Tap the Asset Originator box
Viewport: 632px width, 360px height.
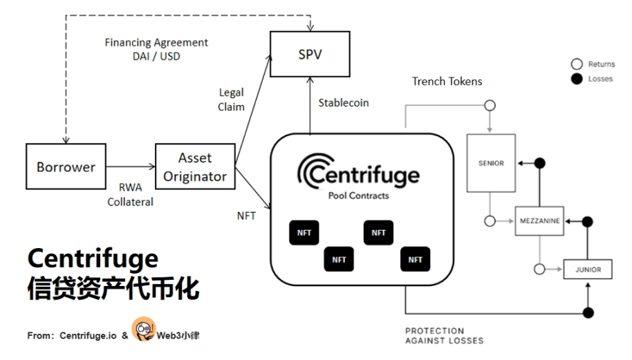pos(195,167)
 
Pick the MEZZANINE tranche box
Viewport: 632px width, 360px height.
pos(539,221)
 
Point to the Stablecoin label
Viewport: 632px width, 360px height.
pos(343,103)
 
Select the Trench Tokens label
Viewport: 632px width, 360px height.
pos(447,82)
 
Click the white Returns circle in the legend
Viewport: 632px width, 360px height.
pos(575,64)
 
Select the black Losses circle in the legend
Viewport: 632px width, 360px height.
pos(575,79)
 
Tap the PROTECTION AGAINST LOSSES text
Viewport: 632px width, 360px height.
pos(444,335)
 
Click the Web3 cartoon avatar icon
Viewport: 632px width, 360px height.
pos(143,330)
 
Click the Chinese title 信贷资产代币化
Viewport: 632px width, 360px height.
pos(113,288)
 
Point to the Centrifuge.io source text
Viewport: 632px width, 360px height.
pos(88,335)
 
